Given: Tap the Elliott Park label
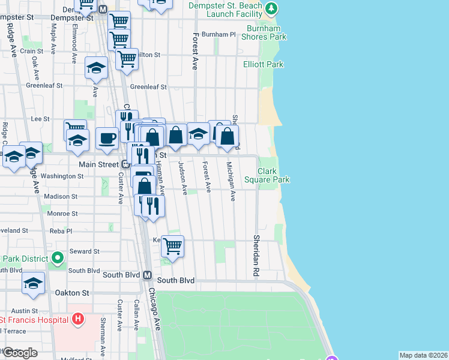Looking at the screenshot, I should [x=263, y=64].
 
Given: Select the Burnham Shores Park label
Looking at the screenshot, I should [x=264, y=32].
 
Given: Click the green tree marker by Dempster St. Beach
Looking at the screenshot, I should [x=272, y=8].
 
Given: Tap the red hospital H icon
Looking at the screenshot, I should [x=77, y=319].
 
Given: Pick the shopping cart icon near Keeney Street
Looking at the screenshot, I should [x=172, y=245].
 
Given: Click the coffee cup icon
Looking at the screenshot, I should [x=107, y=138].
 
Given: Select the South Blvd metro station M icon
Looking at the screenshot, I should [x=147, y=275].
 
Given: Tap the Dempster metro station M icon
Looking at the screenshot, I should [x=103, y=10].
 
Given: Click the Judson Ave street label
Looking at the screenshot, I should [x=182, y=178].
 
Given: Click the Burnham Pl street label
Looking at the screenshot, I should [x=218, y=35].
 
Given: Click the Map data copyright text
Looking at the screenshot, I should [x=423, y=355].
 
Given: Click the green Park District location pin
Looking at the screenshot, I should [x=58, y=259].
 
